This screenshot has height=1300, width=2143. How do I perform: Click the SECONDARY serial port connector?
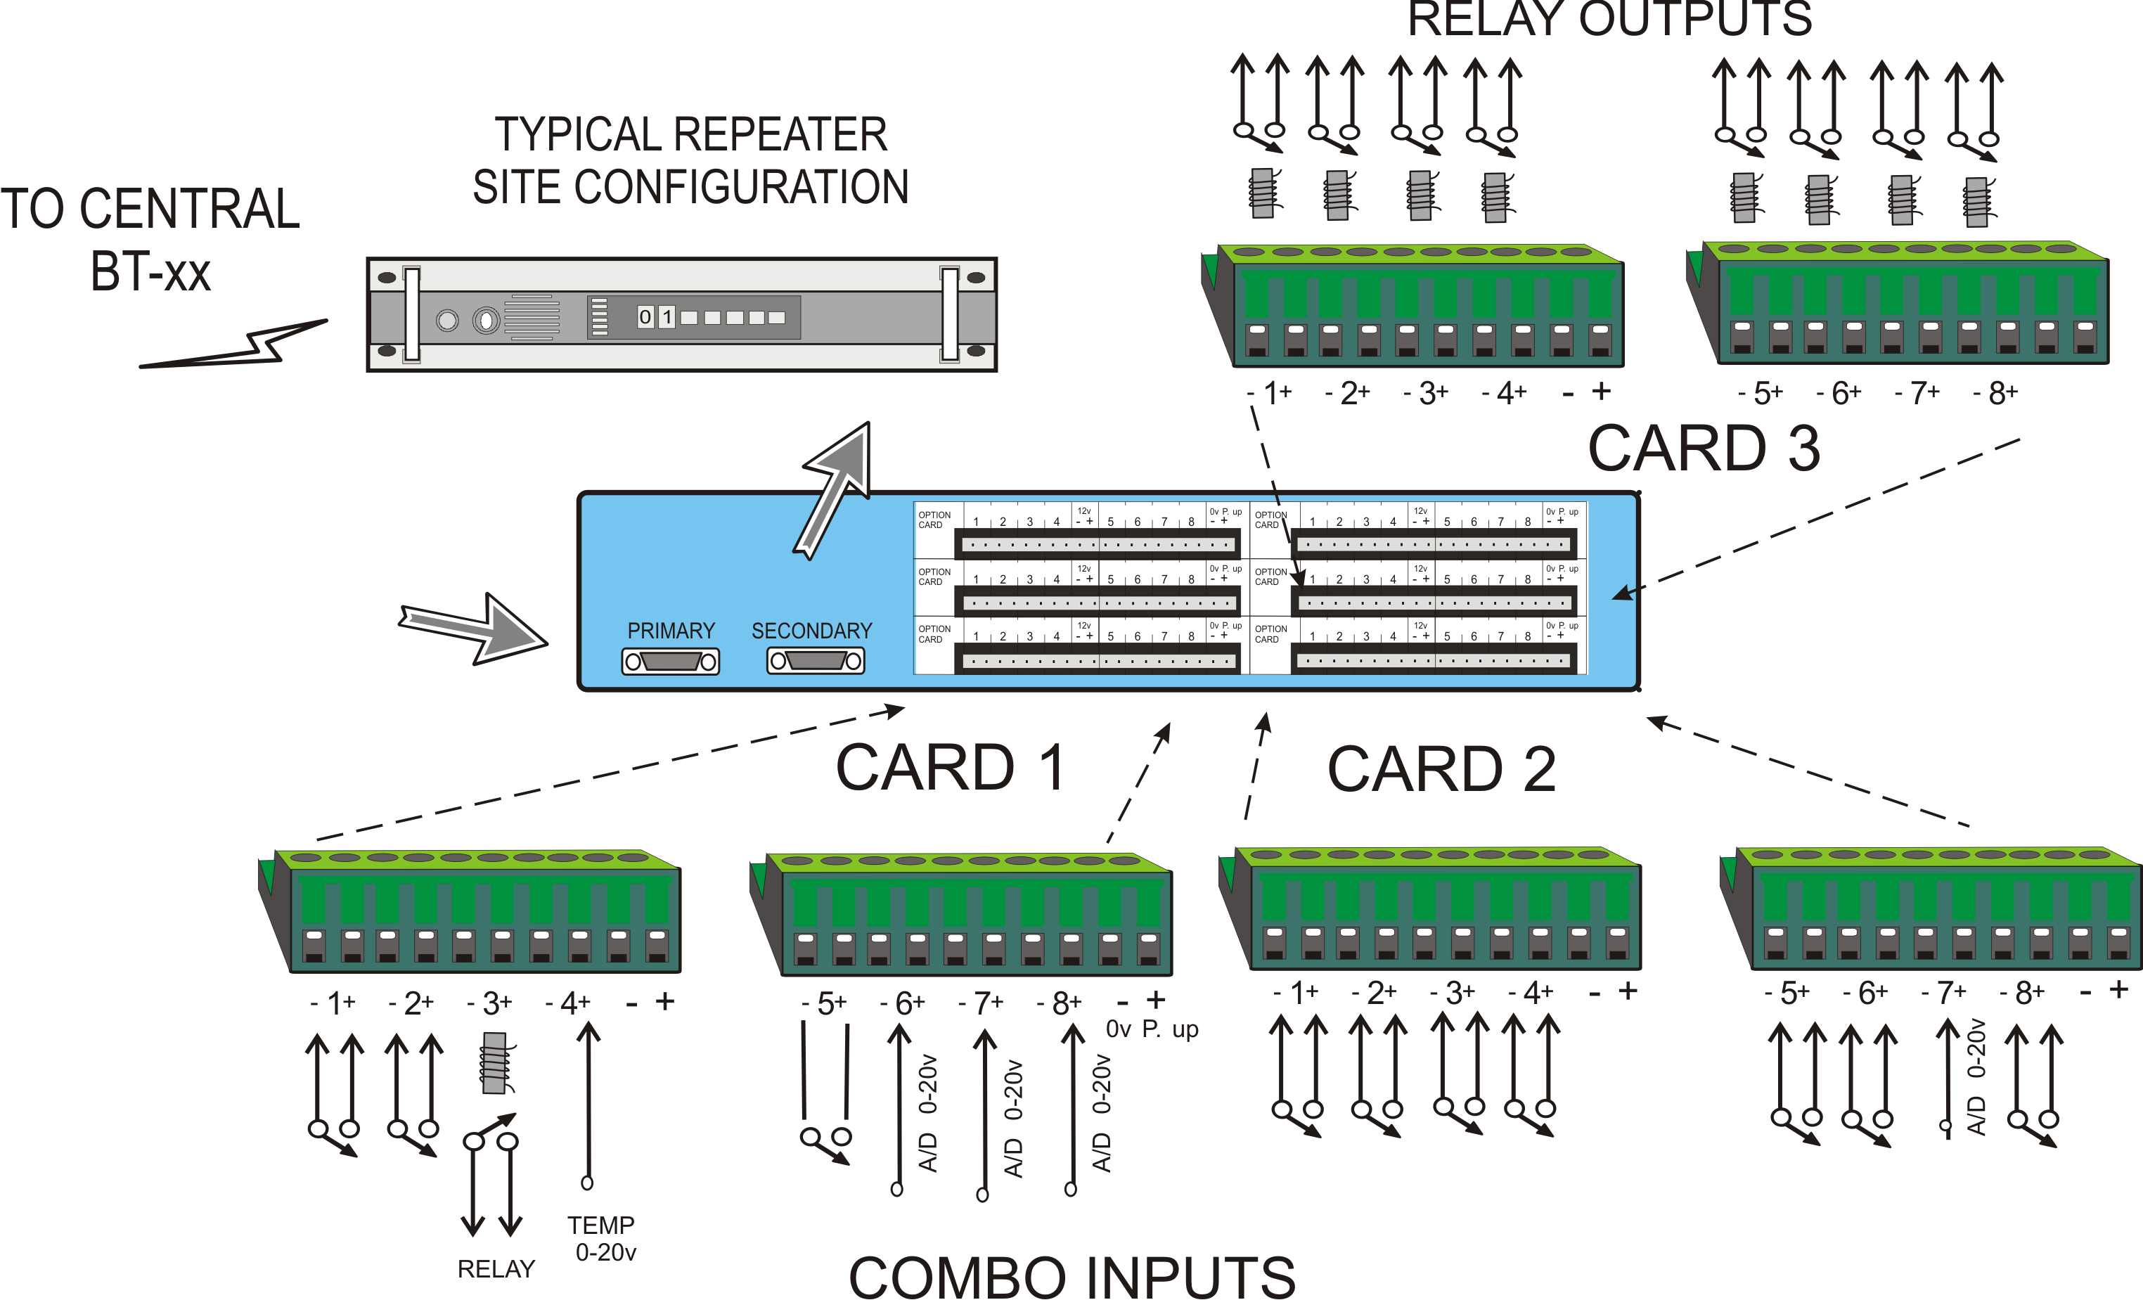pos(815,662)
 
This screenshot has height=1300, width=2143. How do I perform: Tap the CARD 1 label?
pos(950,768)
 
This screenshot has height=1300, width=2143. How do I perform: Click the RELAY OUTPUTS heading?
pos(1609,19)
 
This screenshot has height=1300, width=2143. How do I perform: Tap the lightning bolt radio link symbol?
pos(235,345)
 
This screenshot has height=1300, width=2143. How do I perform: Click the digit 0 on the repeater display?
pos(645,317)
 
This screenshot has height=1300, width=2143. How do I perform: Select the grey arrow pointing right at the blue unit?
pos(474,628)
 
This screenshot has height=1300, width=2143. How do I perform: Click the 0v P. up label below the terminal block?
pos(1152,1029)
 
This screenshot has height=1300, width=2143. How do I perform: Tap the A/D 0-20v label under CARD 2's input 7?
pos(1976,1076)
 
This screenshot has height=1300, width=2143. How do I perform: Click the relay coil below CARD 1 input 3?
pos(495,1062)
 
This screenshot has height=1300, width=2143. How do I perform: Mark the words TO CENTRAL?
pos(150,210)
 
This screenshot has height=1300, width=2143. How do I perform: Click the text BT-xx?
pos(150,272)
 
